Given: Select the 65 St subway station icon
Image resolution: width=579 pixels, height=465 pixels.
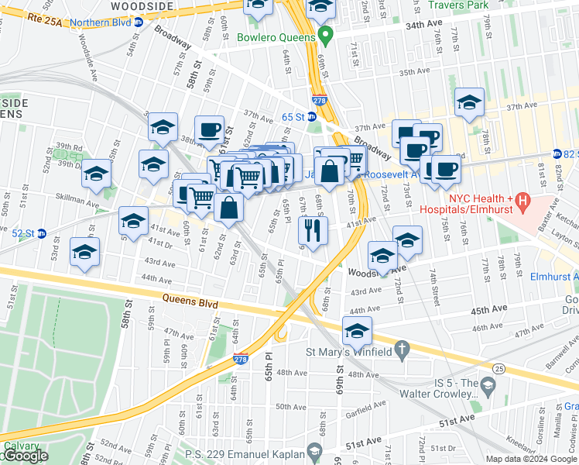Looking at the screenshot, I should pyautogui.click(x=311, y=116).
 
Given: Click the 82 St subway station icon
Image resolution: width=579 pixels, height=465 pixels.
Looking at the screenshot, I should pyautogui.click(x=557, y=154).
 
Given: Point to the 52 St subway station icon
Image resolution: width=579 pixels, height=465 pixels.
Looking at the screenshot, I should pyautogui.click(x=43, y=233).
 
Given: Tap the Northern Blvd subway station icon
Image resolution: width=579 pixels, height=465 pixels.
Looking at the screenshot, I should pyautogui.click(x=138, y=22).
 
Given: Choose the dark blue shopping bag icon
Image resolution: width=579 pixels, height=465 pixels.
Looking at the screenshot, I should pyautogui.click(x=329, y=171).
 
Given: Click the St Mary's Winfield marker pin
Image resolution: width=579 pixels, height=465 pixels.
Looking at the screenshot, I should pyautogui.click(x=400, y=353).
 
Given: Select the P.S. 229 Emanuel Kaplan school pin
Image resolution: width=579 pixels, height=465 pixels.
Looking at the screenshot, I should pyautogui.click(x=313, y=450).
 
